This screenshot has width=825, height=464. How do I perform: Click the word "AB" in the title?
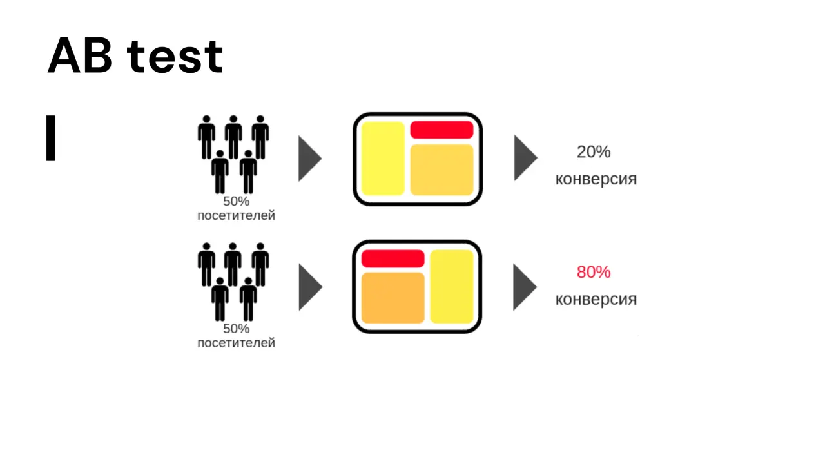80,55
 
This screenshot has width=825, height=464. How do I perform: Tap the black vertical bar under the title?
51,138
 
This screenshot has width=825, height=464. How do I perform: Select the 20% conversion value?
594,151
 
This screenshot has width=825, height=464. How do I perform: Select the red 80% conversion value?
594,272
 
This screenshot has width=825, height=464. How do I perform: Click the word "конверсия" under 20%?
596,179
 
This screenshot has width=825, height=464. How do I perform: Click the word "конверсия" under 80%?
596,300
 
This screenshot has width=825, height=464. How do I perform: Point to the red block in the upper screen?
442,130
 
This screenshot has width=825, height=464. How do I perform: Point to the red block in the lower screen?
393,258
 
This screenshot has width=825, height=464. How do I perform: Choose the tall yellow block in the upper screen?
383,159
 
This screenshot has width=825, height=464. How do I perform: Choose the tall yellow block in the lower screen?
452,287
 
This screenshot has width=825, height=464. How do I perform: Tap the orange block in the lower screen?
393,298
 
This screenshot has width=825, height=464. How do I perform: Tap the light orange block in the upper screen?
442,169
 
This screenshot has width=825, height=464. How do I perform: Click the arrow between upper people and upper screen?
309,159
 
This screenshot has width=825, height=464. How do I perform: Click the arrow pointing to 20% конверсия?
525,158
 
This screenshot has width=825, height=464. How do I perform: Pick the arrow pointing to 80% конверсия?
524,287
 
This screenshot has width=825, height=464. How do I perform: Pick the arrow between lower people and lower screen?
309,287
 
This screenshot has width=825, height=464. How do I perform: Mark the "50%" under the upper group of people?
236,202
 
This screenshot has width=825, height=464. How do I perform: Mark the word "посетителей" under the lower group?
236,343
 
